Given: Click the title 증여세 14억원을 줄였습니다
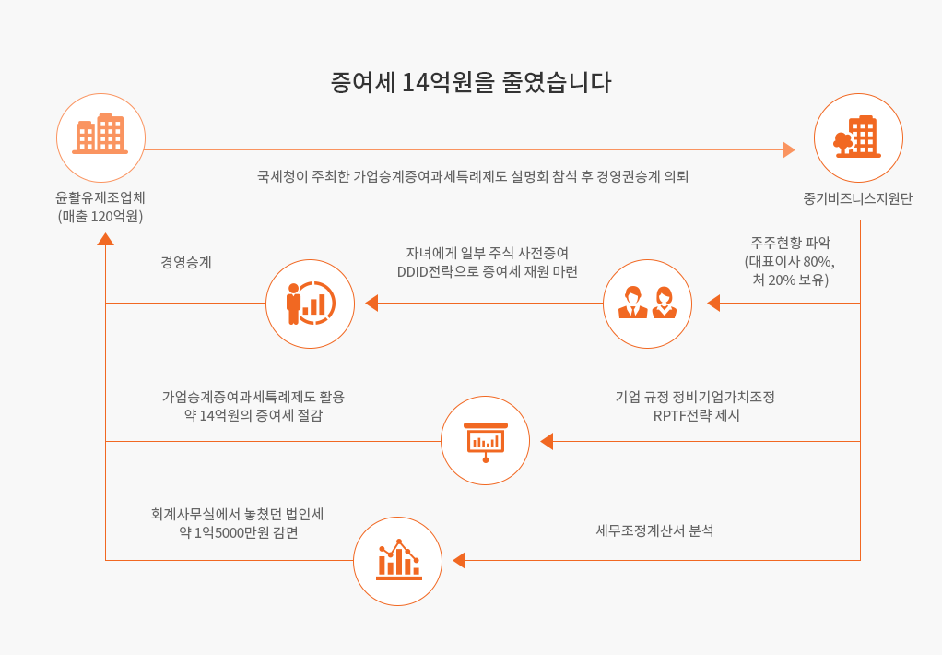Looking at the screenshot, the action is tap(471, 82).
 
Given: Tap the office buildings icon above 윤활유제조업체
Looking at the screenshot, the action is tap(100, 134).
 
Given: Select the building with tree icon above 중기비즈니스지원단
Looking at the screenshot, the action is tap(857, 137).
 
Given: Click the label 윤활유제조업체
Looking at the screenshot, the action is tap(100, 197).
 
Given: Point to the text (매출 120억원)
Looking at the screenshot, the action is tap(100, 217).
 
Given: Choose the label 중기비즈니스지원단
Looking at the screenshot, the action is tap(857, 198).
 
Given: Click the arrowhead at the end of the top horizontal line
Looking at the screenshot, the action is tap(789, 149).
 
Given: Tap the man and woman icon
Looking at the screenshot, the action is tap(648, 303).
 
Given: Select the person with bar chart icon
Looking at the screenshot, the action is tap(311, 304).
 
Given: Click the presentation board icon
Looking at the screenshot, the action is tap(486, 442).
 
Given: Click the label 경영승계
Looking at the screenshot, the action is tap(186, 262).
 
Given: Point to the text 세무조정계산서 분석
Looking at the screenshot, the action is tap(654, 530).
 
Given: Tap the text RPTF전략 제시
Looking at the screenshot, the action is tap(696, 416).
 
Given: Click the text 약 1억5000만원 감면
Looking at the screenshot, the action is tap(239, 533).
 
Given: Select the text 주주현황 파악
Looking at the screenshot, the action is tap(790, 243).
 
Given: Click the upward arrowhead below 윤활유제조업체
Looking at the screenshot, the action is tap(106, 239).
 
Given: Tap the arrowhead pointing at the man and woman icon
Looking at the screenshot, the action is tap(713, 304).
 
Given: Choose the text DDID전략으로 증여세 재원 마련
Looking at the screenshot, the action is tap(488, 272).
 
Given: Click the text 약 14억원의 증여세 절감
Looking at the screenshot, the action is tap(253, 416).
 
